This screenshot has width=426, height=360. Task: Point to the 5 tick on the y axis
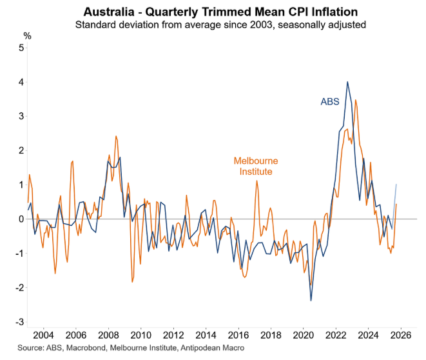coord(22,48)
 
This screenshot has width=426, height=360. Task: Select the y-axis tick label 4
coord(22,83)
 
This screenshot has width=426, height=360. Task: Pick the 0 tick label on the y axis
coord(22,219)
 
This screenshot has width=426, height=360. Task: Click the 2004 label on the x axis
coord(43,336)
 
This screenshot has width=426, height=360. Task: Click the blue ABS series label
coord(331,101)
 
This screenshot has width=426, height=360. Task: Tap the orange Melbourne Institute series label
coord(252,166)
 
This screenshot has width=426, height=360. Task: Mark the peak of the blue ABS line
coord(347,82)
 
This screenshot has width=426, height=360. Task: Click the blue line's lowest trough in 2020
coord(311,300)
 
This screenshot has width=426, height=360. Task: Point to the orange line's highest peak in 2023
coord(356,100)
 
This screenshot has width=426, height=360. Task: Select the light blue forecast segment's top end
coord(396,185)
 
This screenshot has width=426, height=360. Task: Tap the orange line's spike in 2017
coord(257,181)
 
